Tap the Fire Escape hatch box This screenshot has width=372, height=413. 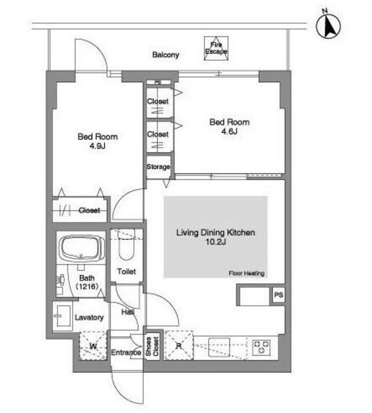point(216,48)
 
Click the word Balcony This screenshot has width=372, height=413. point(166,55)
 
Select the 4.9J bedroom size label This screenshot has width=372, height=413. point(97,146)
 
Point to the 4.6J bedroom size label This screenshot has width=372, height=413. point(230,131)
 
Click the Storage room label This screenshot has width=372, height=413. point(158,166)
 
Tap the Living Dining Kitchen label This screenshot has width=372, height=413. point(215,232)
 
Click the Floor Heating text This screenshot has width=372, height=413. point(246,274)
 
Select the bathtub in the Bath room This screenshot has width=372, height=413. point(81,248)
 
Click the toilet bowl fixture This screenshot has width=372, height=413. point(126,245)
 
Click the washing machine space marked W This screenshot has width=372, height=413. point(93,346)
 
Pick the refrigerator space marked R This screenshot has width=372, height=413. point(179,345)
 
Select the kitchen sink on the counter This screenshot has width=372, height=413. point(219,347)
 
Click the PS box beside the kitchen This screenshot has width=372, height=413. point(279,294)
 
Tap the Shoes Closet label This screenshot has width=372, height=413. point(152,347)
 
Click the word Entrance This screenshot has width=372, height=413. point(126,352)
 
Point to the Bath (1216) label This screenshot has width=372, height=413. point(87,282)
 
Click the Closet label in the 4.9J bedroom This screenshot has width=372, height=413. point(89,210)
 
